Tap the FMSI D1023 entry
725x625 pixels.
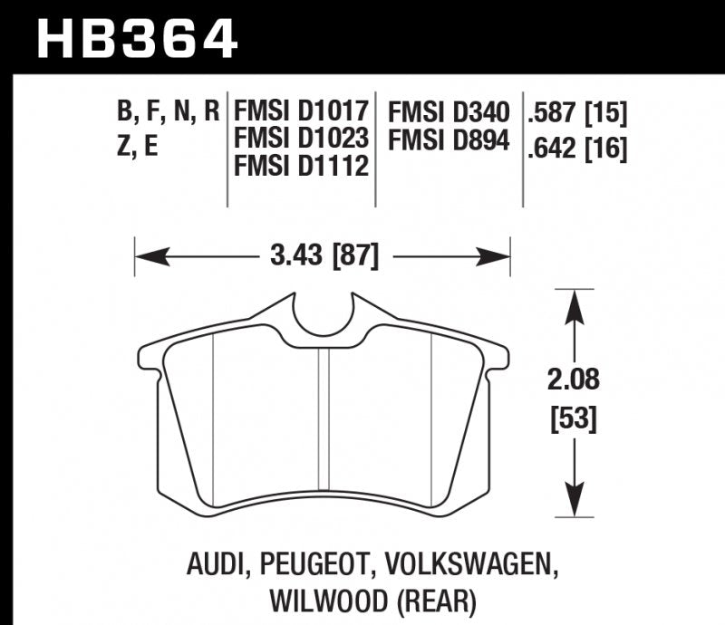(301, 140)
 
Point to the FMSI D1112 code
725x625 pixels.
(300, 168)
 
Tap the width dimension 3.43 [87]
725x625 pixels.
(324, 256)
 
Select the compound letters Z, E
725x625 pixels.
(138, 145)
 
